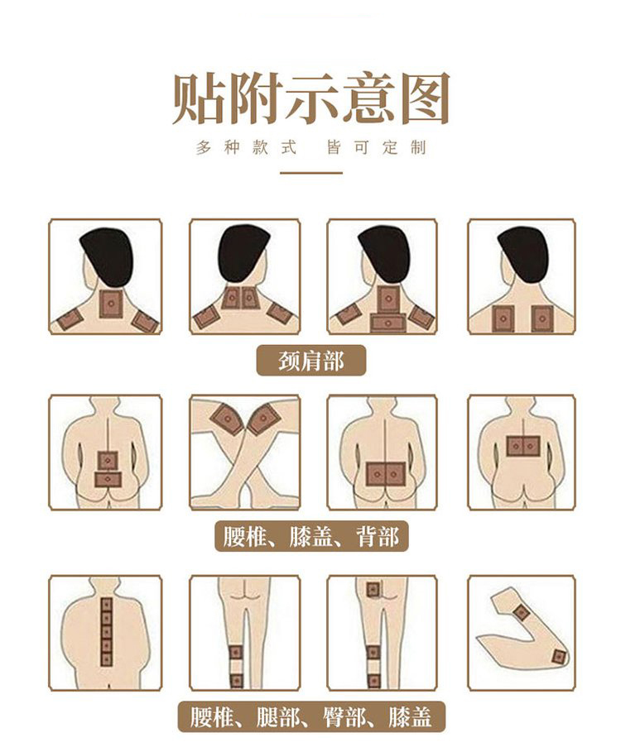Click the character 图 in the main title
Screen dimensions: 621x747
(425, 98)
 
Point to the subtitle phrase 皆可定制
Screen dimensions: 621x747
(376, 148)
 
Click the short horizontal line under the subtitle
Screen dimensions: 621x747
(311, 173)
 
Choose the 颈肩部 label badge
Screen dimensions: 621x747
(311, 361)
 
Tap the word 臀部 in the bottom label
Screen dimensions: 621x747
(344, 716)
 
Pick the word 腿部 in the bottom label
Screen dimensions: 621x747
(277, 716)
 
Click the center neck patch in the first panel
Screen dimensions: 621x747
(112, 304)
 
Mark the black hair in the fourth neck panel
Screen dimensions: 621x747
(522, 254)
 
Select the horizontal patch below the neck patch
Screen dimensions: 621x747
(388, 323)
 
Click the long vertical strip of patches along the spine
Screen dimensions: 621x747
(106, 633)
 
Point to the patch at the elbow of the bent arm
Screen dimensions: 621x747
(558, 657)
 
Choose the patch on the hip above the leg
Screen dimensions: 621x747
(373, 590)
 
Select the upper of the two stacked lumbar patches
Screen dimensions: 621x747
(108, 461)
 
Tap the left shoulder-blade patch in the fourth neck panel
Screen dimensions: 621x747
(503, 318)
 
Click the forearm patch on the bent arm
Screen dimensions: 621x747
(521, 611)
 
